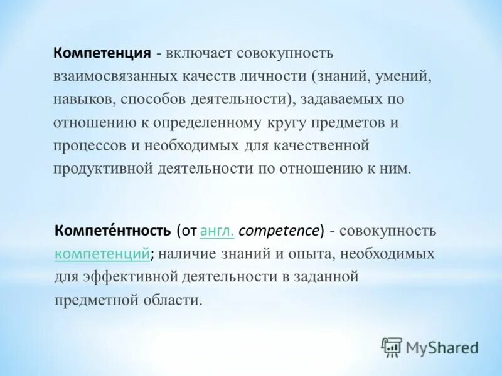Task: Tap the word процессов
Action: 88,145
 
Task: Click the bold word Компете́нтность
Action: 113,231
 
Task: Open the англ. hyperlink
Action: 217,231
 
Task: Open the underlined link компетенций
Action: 102,254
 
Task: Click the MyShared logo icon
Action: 392,347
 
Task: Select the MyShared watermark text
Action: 442,347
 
